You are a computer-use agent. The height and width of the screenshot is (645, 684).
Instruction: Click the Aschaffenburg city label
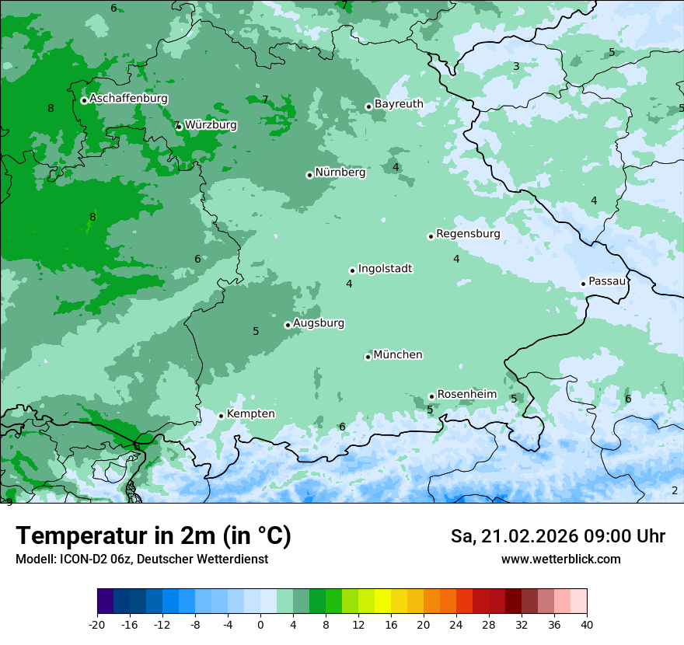[128, 99]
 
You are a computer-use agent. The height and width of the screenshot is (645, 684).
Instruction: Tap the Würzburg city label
[211, 125]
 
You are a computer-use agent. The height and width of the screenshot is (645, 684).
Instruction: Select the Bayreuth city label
[399, 104]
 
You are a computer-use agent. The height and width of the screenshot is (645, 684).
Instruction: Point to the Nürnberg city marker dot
[309, 175]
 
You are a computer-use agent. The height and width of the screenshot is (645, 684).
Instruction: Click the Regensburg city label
[468, 234]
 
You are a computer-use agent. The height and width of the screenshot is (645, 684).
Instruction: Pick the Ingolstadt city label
[385, 269]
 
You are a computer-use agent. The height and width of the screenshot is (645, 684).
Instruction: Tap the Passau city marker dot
[583, 284]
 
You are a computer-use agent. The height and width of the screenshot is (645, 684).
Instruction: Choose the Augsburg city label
[319, 323]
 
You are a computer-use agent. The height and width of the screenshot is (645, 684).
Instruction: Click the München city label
[398, 355]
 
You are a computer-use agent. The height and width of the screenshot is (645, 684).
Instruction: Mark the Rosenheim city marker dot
[431, 396]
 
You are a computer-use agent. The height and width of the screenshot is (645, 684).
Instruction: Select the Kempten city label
[250, 414]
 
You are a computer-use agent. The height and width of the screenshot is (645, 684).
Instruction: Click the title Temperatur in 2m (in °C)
[153, 536]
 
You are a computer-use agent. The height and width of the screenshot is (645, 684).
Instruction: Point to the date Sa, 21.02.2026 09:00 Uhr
[558, 536]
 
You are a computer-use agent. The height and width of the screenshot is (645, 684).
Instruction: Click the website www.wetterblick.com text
[560, 560]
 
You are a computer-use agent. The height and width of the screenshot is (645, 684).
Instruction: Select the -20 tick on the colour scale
[96, 624]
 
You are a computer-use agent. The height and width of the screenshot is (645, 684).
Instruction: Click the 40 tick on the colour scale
[587, 624]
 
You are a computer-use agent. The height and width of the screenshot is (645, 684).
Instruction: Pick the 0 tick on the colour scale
[260, 624]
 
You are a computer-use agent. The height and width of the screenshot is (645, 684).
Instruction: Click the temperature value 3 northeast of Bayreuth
[516, 67]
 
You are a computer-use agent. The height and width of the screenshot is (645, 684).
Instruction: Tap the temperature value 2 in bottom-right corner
[675, 490]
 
